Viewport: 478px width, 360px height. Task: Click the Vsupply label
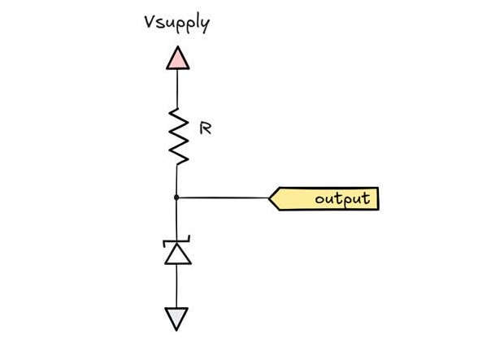click(x=177, y=24)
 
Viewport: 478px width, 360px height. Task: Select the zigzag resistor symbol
click(x=178, y=137)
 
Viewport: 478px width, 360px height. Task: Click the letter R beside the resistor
click(x=205, y=128)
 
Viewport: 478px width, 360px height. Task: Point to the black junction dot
click(x=176, y=197)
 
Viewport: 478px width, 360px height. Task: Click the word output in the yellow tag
click(x=343, y=199)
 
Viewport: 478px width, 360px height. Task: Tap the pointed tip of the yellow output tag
click(x=269, y=198)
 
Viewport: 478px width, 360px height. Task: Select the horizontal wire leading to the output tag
click(x=223, y=197)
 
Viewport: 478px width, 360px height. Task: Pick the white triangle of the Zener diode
click(x=178, y=255)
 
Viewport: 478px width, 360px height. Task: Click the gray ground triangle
click(x=176, y=317)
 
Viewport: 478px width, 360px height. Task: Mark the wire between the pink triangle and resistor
click(x=177, y=89)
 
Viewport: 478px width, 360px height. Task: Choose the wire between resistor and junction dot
click(x=176, y=180)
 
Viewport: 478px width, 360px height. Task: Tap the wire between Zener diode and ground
click(x=176, y=286)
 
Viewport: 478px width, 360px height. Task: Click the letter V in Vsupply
click(x=150, y=22)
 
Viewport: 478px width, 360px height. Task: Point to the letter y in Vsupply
click(x=205, y=25)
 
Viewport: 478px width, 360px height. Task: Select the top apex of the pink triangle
click(x=178, y=46)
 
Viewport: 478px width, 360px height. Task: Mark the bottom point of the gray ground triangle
click(x=176, y=331)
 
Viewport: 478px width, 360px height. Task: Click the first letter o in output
click(x=319, y=200)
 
